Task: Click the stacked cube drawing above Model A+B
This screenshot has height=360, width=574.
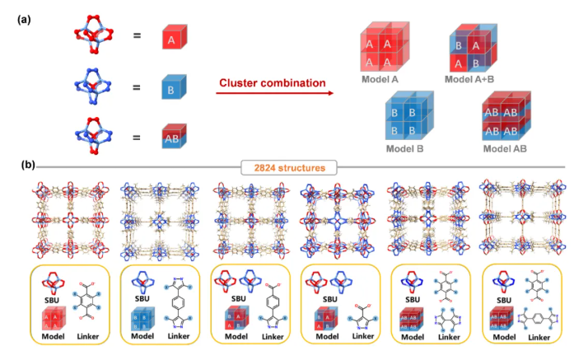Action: click(x=473, y=49)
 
